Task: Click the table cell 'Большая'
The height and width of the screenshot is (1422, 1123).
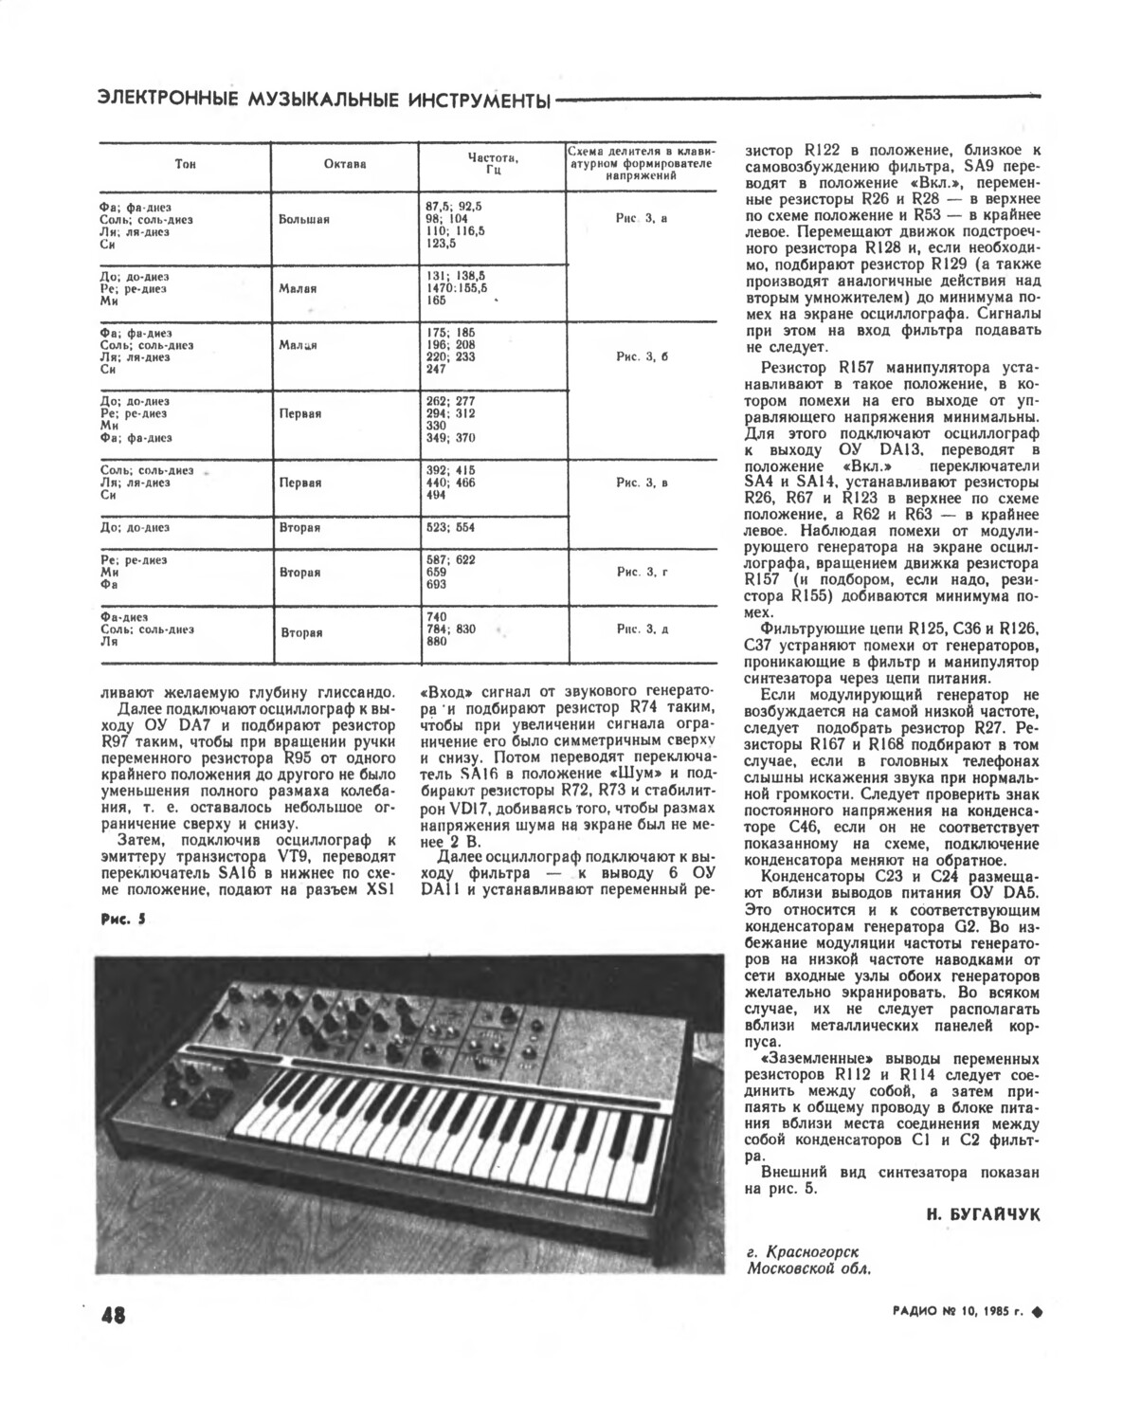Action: click(x=304, y=220)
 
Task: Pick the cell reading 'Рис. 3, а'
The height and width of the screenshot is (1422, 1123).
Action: click(x=642, y=218)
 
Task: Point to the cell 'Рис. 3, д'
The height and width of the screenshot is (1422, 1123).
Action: click(x=642, y=629)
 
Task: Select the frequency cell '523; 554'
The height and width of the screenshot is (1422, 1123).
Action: click(x=451, y=527)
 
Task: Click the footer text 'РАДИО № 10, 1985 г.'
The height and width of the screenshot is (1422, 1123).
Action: click(x=957, y=1314)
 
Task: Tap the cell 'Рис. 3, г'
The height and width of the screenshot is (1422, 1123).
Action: click(x=642, y=572)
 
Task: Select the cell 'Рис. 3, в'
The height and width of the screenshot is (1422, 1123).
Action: click(x=642, y=483)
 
